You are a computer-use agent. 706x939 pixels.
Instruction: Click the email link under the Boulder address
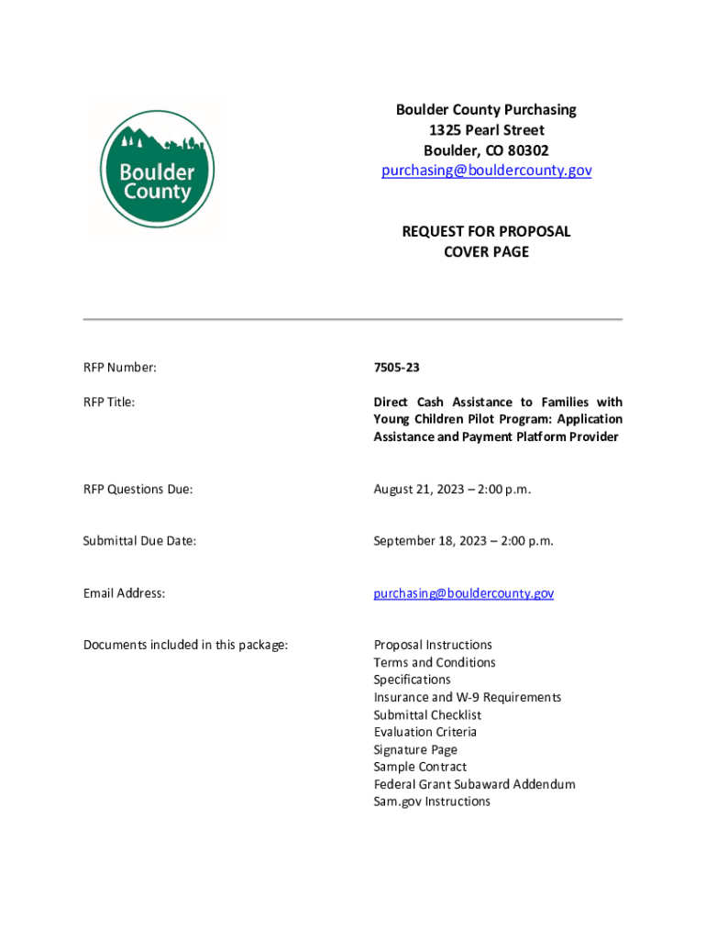(x=486, y=171)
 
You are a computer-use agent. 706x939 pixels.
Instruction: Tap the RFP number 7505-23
(x=396, y=368)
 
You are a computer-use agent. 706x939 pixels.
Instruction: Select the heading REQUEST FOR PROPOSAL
(x=486, y=231)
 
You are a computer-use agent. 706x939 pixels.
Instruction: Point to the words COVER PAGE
(x=486, y=251)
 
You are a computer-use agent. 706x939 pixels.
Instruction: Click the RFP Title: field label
(x=109, y=402)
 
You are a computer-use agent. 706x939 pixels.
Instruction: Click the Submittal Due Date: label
(x=139, y=541)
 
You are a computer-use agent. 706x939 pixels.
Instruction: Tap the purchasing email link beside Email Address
(x=463, y=593)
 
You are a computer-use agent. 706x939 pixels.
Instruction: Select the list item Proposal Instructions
(x=433, y=645)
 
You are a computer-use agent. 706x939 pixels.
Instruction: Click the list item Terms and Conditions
(x=434, y=662)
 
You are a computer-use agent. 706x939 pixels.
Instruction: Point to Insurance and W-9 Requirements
(x=467, y=697)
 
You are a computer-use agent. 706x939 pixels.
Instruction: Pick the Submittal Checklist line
(x=427, y=714)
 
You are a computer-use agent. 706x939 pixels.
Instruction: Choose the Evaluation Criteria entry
(x=425, y=732)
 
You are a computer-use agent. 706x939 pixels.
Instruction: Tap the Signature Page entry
(x=415, y=749)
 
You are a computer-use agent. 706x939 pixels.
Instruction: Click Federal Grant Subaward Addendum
(x=474, y=784)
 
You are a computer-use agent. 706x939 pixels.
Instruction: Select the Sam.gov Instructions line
(x=432, y=801)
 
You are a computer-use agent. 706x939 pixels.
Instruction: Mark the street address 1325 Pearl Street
(x=486, y=130)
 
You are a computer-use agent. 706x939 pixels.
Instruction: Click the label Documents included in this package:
(x=185, y=645)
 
